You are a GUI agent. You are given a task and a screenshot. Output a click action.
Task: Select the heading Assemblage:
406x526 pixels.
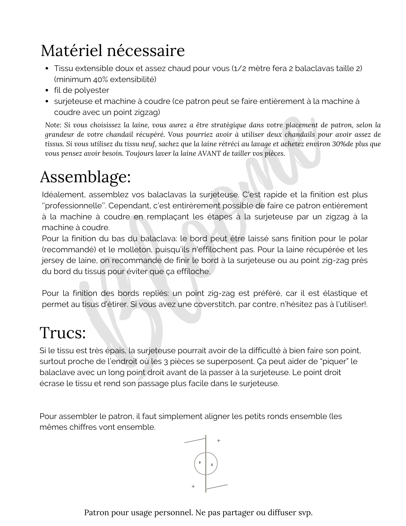(85, 177)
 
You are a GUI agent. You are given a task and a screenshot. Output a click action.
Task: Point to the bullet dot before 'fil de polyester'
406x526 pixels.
(47, 90)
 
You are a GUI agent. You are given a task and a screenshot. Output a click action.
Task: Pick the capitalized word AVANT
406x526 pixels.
(209, 153)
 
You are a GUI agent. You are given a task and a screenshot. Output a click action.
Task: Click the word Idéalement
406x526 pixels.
(63, 195)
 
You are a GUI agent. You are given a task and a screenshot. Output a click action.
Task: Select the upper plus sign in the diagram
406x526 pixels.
(218, 441)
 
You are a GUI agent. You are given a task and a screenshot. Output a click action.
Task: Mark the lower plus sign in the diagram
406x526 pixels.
(193, 487)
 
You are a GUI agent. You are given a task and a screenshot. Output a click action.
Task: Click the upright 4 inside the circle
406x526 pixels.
(212, 465)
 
